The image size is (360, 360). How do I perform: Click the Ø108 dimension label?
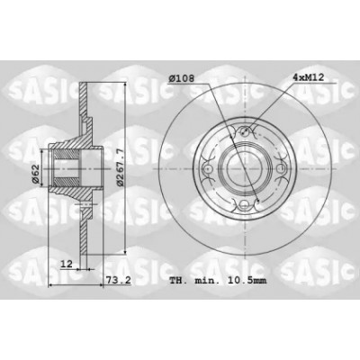[x=181, y=78]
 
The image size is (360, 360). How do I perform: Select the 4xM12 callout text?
[x=308, y=77]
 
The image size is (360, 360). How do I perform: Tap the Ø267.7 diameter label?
[x=121, y=168]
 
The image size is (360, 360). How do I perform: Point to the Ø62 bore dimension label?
[x=35, y=175]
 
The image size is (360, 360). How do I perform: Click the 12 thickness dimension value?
[x=67, y=264]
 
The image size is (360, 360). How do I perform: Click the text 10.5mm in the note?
[x=247, y=281]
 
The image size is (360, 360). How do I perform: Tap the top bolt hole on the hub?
[x=245, y=130]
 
